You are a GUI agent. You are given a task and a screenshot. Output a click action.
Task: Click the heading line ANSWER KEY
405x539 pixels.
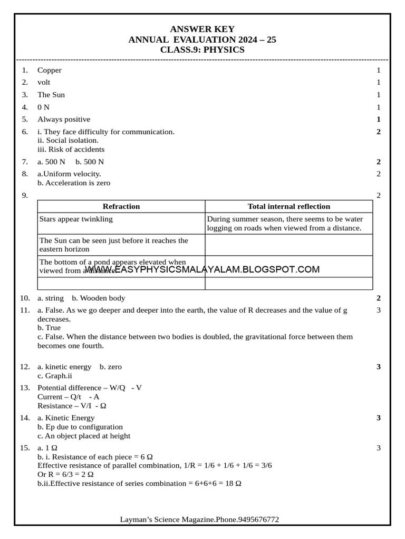pos(202,29)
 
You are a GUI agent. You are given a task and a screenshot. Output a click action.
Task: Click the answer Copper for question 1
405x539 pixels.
pos(49,70)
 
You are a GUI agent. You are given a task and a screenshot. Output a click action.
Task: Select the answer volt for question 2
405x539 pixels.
pos(44,82)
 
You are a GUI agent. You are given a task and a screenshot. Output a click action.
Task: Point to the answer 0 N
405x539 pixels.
pos(43,107)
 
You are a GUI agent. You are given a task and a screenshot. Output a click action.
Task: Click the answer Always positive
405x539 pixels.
pos(63,119)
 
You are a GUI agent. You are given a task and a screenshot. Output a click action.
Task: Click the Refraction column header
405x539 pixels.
pos(121,206)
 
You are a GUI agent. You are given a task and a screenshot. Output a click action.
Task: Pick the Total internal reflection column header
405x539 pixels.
pos(288,206)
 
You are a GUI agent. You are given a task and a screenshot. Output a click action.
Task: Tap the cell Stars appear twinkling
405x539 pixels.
pos(76,219)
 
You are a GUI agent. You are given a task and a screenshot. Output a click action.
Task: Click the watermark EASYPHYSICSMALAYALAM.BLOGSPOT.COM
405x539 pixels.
pos(202,269)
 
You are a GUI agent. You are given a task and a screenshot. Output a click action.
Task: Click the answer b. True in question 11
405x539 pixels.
pos(49,327)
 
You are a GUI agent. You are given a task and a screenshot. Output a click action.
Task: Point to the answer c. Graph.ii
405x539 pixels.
pos(54,376)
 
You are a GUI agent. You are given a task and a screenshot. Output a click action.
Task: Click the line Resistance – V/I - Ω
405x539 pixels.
pos(72,406)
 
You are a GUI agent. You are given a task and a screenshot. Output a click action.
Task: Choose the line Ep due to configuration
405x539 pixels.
pos(80,427)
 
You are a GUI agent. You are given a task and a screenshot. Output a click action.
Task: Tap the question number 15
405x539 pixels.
pos(25,447)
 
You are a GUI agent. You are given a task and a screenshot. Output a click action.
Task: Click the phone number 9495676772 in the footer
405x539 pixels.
pos(258,520)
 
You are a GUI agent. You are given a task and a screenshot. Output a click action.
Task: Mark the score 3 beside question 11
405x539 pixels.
pos(379,310)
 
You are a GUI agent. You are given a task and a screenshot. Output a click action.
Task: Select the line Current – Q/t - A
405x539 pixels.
pos(69,397)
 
